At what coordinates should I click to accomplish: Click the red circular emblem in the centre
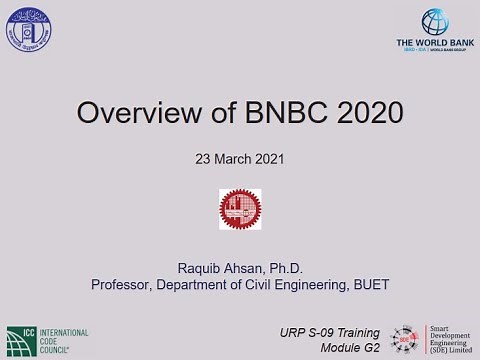tap(240, 209)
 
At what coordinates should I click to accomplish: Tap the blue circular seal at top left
tap(29, 30)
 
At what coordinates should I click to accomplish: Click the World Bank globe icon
tap(435, 22)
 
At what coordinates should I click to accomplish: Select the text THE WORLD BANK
tap(434, 43)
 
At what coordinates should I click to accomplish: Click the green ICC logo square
tap(21, 338)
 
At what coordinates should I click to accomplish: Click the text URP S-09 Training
tap(329, 331)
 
